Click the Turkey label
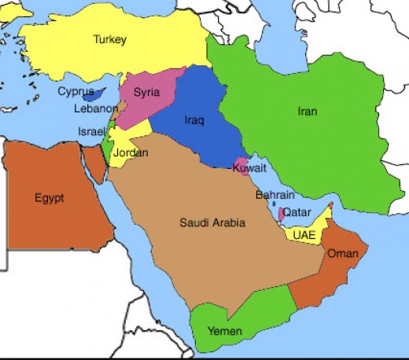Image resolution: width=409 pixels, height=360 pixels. pyautogui.click(x=109, y=39)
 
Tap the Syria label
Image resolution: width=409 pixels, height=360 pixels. pyautogui.click(x=146, y=92)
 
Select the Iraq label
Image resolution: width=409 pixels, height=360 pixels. pyautogui.click(x=193, y=121)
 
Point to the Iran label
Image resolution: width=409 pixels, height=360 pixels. pyautogui.click(x=308, y=112)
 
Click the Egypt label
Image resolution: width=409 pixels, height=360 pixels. pyautogui.click(x=49, y=197)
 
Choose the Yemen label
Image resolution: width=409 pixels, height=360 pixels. pyautogui.click(x=226, y=330)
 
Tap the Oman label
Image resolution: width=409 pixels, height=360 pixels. pyautogui.click(x=343, y=253)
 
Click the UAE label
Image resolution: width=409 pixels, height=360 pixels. pyautogui.click(x=304, y=234)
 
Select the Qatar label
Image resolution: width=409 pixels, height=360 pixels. pyautogui.click(x=297, y=211)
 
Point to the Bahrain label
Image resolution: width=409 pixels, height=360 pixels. pyautogui.click(x=275, y=195)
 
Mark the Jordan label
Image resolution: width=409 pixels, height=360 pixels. pyautogui.click(x=131, y=153)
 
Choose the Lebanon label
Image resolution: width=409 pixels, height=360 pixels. pyautogui.click(x=97, y=109)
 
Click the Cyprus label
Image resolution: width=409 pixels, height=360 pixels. pyautogui.click(x=76, y=91)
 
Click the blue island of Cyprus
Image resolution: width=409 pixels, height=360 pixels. pyautogui.click(x=98, y=95)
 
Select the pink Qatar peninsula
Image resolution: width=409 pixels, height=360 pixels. pyautogui.click(x=281, y=213)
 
